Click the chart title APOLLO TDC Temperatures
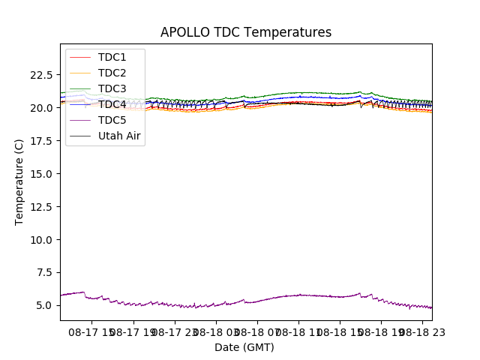point(245,33)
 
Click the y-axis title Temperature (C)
point(19,181)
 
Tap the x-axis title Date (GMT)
point(244,347)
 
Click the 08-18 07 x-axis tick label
point(257,331)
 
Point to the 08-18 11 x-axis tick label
point(298,331)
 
